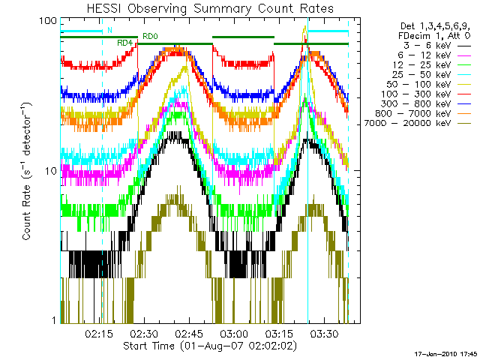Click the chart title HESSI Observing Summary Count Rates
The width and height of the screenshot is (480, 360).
[x=209, y=8]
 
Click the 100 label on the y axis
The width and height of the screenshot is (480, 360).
[x=47, y=20]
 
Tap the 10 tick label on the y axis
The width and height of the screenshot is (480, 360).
[x=50, y=171]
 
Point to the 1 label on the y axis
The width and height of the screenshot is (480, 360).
[x=53, y=321]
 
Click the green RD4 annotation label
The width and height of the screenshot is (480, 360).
[x=124, y=43]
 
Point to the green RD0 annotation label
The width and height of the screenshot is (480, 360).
[x=150, y=36]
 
